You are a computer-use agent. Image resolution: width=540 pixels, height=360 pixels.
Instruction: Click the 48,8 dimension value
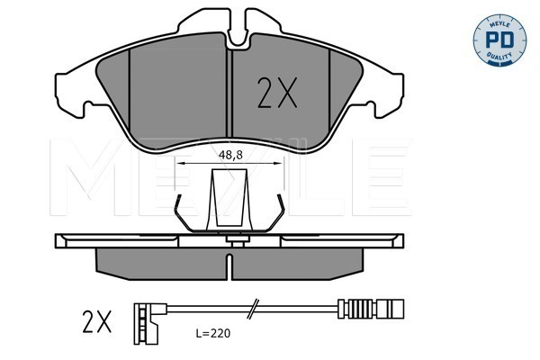[230, 156]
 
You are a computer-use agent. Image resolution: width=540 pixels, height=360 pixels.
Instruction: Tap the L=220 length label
[212, 333]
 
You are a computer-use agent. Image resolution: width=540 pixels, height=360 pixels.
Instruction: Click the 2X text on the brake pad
[277, 93]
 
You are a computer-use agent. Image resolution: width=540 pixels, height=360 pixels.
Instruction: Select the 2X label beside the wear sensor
[97, 322]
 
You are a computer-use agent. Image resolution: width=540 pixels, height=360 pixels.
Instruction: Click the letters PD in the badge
[499, 40]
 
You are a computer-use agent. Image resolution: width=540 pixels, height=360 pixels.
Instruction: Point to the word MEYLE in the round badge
[499, 24]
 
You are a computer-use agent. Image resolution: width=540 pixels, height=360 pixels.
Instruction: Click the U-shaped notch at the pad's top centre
[238, 35]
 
